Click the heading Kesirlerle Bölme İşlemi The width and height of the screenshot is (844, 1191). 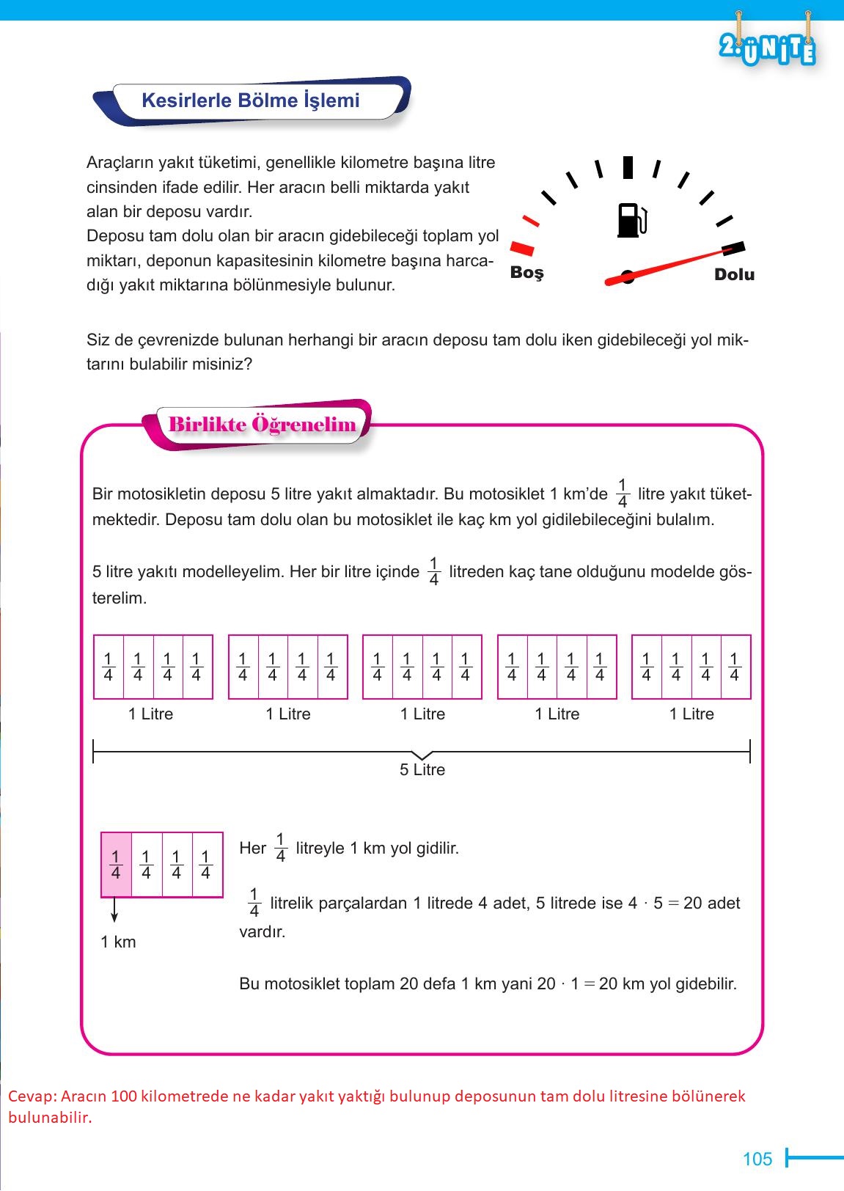(250, 100)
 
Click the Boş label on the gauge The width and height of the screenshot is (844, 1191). (526, 273)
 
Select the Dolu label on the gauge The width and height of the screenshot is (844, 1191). (734, 274)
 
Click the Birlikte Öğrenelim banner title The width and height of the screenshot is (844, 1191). (262, 425)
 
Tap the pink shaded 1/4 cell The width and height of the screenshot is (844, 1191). (116, 865)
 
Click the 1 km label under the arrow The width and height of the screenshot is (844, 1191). (118, 942)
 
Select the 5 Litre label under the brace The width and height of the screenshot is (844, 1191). (422, 770)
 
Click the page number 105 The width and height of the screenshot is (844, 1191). (757, 1159)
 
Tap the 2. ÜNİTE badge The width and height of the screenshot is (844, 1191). (768, 49)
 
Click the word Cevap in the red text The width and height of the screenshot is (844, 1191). (31, 1096)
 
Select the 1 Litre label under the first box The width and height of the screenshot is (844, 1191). (150, 714)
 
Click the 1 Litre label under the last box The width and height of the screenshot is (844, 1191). (691, 714)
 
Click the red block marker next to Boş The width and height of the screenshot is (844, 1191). (522, 248)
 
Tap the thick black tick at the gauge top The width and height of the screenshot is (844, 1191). (628, 167)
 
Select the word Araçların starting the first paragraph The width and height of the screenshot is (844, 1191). (121, 163)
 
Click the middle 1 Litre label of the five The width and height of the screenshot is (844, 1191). (422, 714)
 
